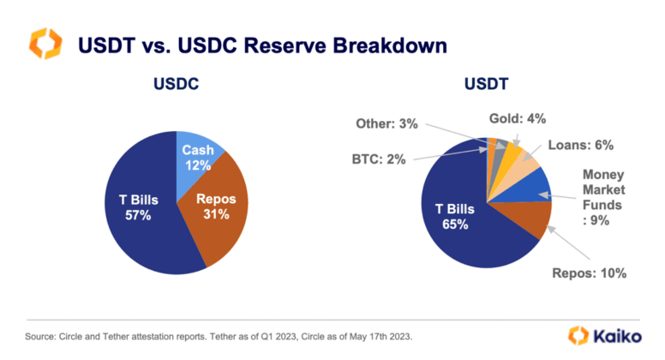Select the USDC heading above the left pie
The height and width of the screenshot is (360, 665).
tap(177, 84)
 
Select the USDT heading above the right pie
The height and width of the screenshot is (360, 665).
tap(486, 84)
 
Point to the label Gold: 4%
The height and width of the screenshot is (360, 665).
tap(518, 118)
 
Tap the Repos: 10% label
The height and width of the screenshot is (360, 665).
tap(590, 273)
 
